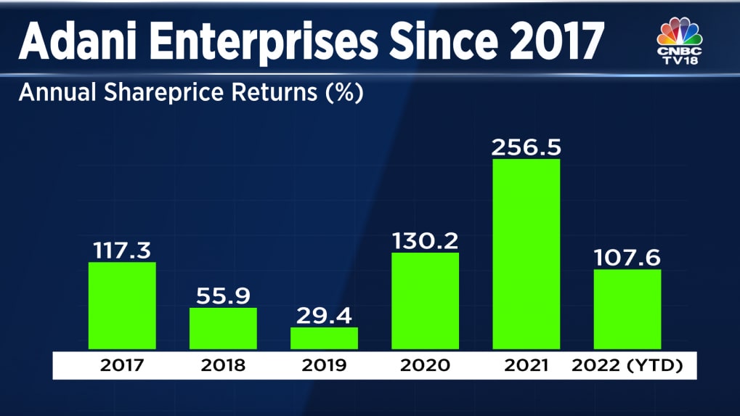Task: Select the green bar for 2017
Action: coord(122,305)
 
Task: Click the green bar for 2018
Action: coord(223,328)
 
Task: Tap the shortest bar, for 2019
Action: coord(324,338)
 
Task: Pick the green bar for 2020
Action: coord(425,301)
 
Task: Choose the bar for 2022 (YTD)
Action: coord(627,309)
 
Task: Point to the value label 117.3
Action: coord(121,250)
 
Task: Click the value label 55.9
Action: coord(222,296)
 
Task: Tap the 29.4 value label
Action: coord(324,316)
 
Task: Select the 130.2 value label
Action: coord(425,241)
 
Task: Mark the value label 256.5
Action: coord(526,147)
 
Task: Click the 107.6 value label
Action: coord(627,258)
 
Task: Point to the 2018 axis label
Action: coord(223,365)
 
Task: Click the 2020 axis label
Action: coord(425,365)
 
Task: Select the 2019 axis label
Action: coord(324,365)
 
